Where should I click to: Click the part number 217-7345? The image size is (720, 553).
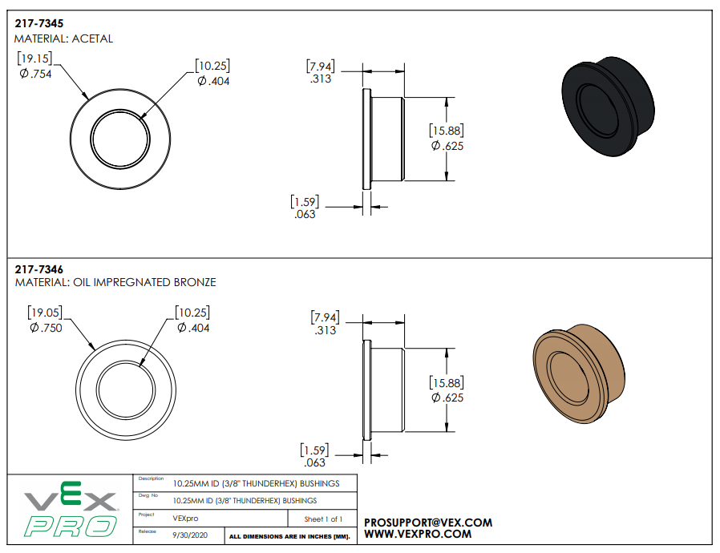(38, 24)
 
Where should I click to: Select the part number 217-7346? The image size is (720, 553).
(38, 269)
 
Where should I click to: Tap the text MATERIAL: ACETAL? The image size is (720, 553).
(63, 38)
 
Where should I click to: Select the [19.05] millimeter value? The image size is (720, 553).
(46, 312)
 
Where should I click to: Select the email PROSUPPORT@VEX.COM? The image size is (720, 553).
(428, 523)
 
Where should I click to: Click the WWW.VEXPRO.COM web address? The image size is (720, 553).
(417, 534)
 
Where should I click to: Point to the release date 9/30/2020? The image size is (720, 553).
(188, 534)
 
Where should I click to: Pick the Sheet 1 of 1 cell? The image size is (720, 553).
(322, 519)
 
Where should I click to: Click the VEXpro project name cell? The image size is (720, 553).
(186, 518)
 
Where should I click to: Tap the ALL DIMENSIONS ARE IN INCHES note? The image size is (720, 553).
(289, 535)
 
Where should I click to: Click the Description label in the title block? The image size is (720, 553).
(151, 478)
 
